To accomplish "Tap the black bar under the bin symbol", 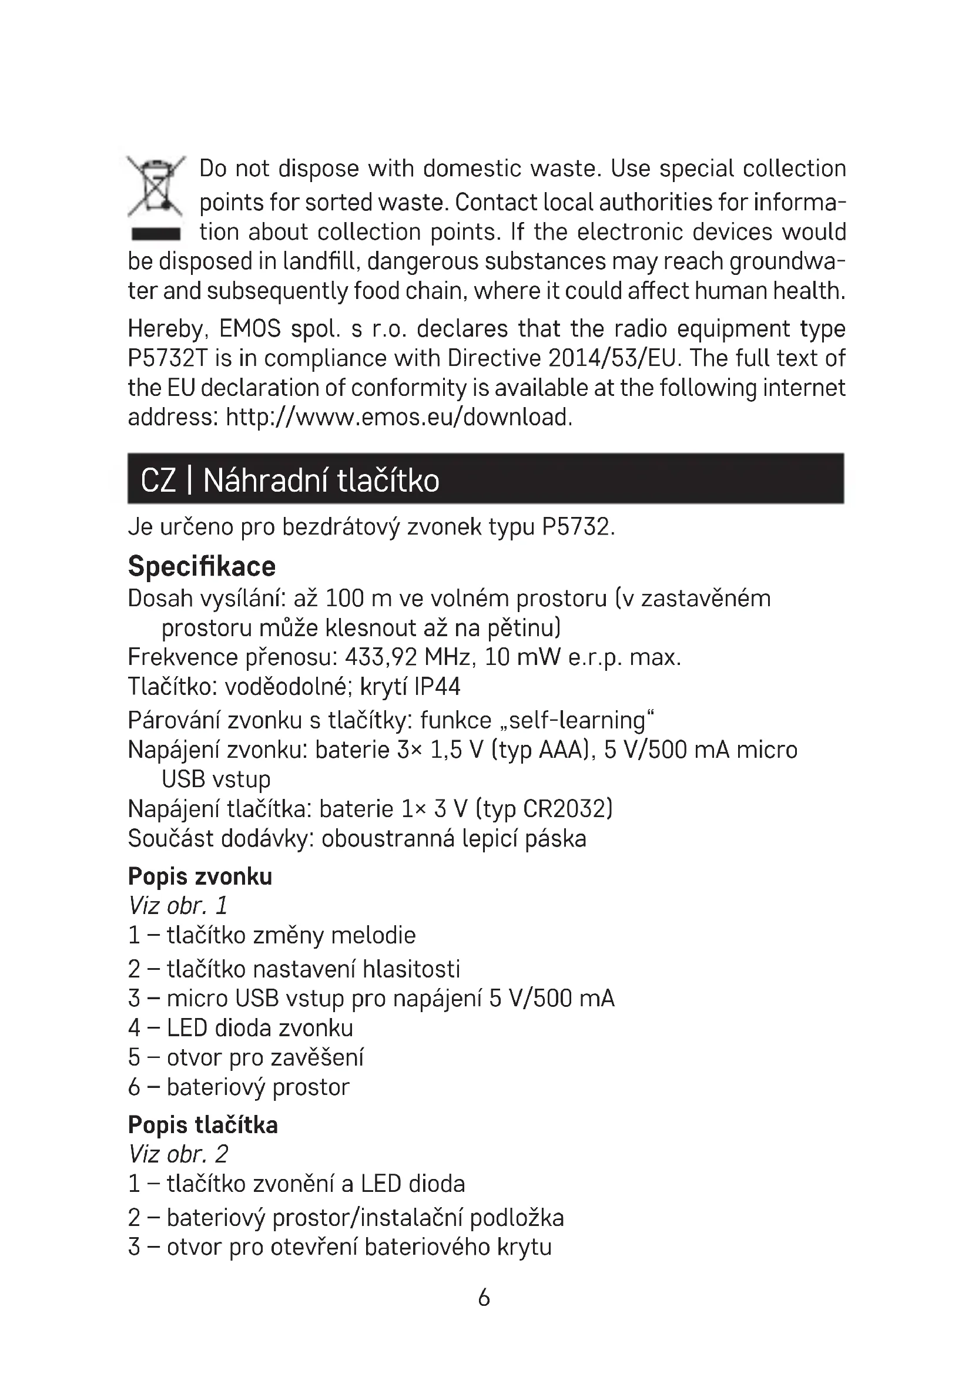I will (156, 234).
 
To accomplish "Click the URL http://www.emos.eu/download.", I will (398, 417).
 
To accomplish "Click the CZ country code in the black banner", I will (158, 481).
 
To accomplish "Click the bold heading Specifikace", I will (202, 566).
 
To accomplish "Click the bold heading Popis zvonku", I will (200, 876).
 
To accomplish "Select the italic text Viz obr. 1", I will (177, 906).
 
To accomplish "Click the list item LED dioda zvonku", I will (260, 1028).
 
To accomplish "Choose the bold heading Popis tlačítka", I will (203, 1125).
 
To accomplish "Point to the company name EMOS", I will (250, 329).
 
